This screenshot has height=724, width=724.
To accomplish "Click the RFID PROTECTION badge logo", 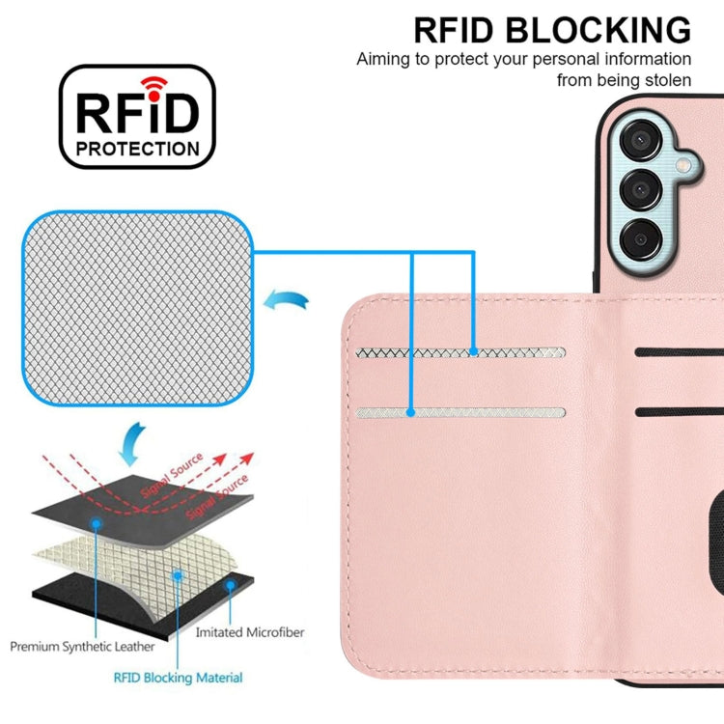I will click(x=137, y=117).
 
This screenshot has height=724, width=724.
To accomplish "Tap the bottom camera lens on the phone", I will click(x=640, y=235).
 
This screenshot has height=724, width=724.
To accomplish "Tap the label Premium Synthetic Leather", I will click(x=81, y=646).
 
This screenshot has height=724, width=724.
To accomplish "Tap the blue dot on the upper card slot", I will click(x=474, y=353).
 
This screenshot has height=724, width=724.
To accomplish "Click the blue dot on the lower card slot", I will click(x=411, y=412).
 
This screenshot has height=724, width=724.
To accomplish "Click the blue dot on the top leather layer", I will click(x=97, y=522).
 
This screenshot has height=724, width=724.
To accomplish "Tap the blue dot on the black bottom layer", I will click(x=230, y=584).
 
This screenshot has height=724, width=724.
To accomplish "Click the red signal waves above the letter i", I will click(x=150, y=82).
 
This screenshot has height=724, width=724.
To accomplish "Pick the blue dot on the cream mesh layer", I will click(x=178, y=574).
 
